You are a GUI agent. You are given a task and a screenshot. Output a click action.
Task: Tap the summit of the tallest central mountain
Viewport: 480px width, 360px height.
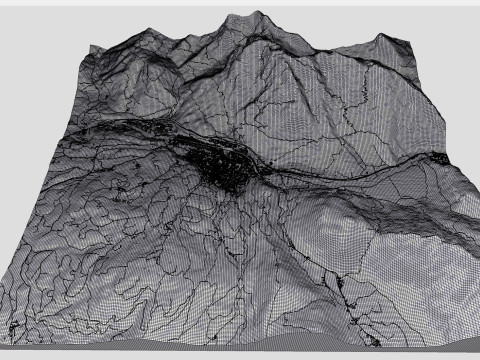(x=259, y=14)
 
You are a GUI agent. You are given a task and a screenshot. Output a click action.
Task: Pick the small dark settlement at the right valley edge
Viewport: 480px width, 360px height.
(x=440, y=157)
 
